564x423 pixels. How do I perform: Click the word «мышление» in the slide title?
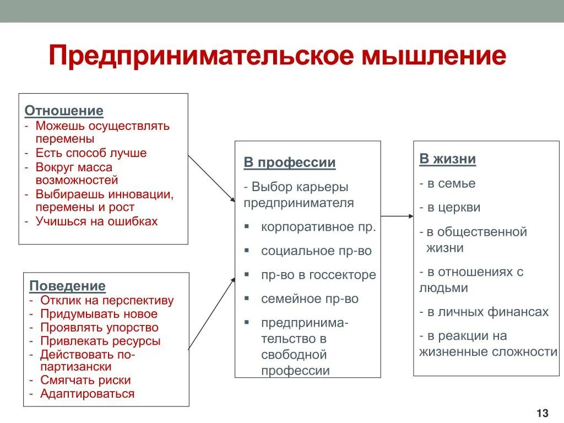coord(433,57)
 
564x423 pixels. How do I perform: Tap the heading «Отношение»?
coord(64,111)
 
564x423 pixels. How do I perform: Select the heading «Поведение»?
coord(67,286)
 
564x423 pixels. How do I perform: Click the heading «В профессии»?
coord(290,163)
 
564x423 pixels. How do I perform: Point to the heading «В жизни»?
coord(448,159)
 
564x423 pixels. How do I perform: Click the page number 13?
coord(542,413)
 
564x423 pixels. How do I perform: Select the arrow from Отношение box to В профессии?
coord(211,177)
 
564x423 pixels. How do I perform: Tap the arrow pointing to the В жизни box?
coord(397,216)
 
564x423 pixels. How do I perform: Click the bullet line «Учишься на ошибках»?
coord(96,221)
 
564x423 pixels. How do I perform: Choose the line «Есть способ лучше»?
coord(91,153)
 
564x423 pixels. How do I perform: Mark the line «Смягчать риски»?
coord(85,380)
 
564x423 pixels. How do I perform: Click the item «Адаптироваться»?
coord(87,394)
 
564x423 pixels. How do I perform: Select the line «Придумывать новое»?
coord(99,314)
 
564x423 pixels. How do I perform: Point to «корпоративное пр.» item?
coord(318,227)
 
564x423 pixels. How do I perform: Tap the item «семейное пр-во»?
coord(310,299)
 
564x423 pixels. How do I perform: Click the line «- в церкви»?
coord(450,208)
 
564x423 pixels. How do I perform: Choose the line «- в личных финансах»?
coord(484,312)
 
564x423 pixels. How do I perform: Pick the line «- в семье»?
coord(447,183)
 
